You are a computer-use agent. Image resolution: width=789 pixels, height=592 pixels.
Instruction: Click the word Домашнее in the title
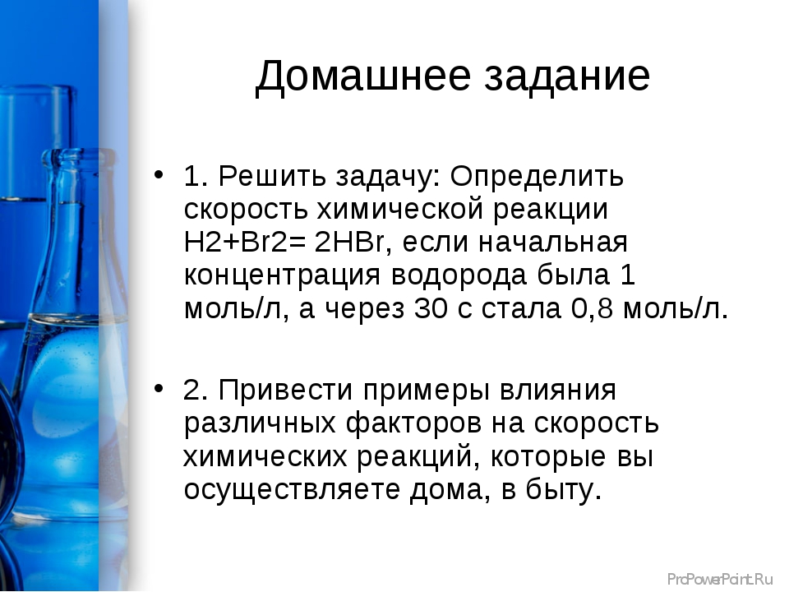[x=363, y=76]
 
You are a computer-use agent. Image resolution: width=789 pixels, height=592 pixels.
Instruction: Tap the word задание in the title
[x=567, y=76]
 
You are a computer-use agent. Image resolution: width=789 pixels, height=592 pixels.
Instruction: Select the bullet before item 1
[x=159, y=174]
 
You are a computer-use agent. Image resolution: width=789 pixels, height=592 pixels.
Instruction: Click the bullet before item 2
[x=159, y=388]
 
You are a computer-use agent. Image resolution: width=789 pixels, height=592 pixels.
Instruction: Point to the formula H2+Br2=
[x=245, y=242]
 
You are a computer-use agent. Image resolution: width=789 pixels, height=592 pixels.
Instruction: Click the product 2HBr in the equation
[x=350, y=242]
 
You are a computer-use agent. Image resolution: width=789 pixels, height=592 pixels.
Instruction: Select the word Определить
[x=537, y=178]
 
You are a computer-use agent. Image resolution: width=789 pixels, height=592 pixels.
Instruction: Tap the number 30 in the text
[x=431, y=308]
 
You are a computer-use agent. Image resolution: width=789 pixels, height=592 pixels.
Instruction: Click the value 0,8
[x=592, y=308]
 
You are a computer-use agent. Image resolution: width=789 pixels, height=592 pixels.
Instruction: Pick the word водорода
[x=459, y=275]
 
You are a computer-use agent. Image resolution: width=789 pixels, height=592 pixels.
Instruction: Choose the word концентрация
[x=282, y=277]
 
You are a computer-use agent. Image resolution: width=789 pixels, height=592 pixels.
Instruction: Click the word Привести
[x=285, y=390]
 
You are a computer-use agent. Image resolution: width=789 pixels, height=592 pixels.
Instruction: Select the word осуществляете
[x=291, y=490]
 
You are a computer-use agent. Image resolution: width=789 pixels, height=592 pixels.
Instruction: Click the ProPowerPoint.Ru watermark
[x=720, y=580]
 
